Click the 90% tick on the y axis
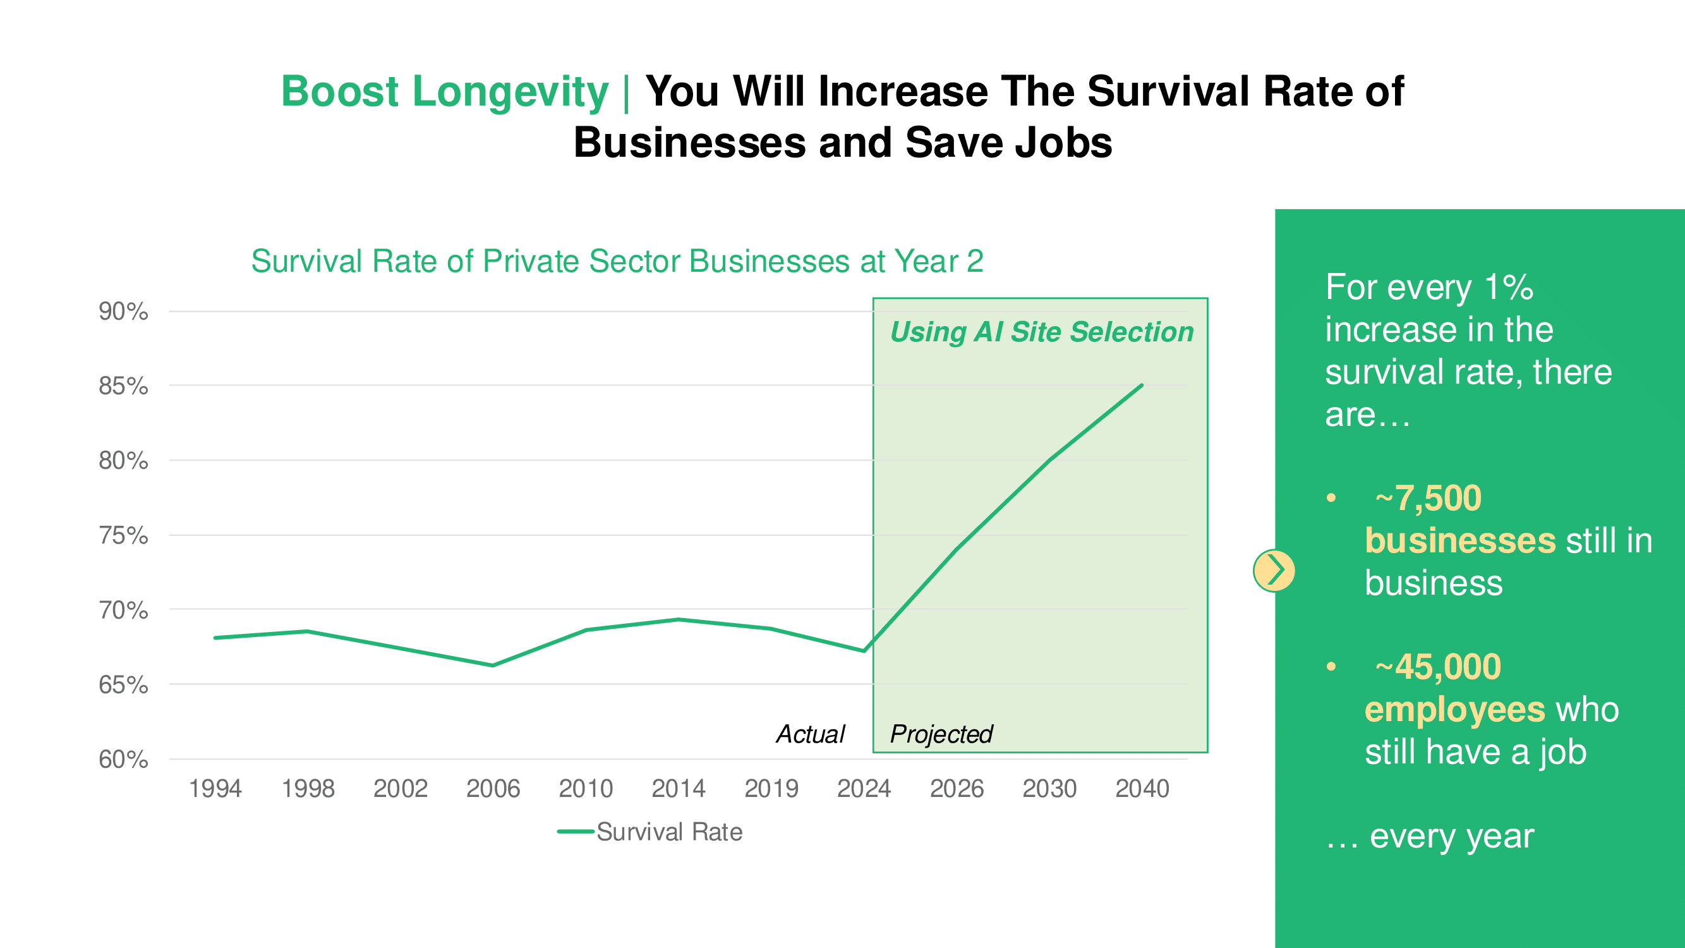tap(123, 312)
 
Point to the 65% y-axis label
tap(123, 685)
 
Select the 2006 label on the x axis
tap(493, 788)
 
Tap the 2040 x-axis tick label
tap(1142, 788)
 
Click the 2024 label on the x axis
tap(864, 788)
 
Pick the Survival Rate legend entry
tap(650, 832)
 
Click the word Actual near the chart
tap(810, 734)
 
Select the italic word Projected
tap(941, 734)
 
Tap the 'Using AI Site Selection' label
tap(1041, 332)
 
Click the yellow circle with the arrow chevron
tap(1274, 571)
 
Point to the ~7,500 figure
tap(1428, 498)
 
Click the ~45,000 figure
tap(1438, 667)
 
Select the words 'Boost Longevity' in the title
tap(445, 91)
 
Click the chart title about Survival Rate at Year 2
tap(617, 261)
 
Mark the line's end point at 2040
tap(1142, 386)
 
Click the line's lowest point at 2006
tap(493, 665)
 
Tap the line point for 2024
tap(864, 651)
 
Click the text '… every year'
tap(1429, 836)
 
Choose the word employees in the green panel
tap(1455, 709)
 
